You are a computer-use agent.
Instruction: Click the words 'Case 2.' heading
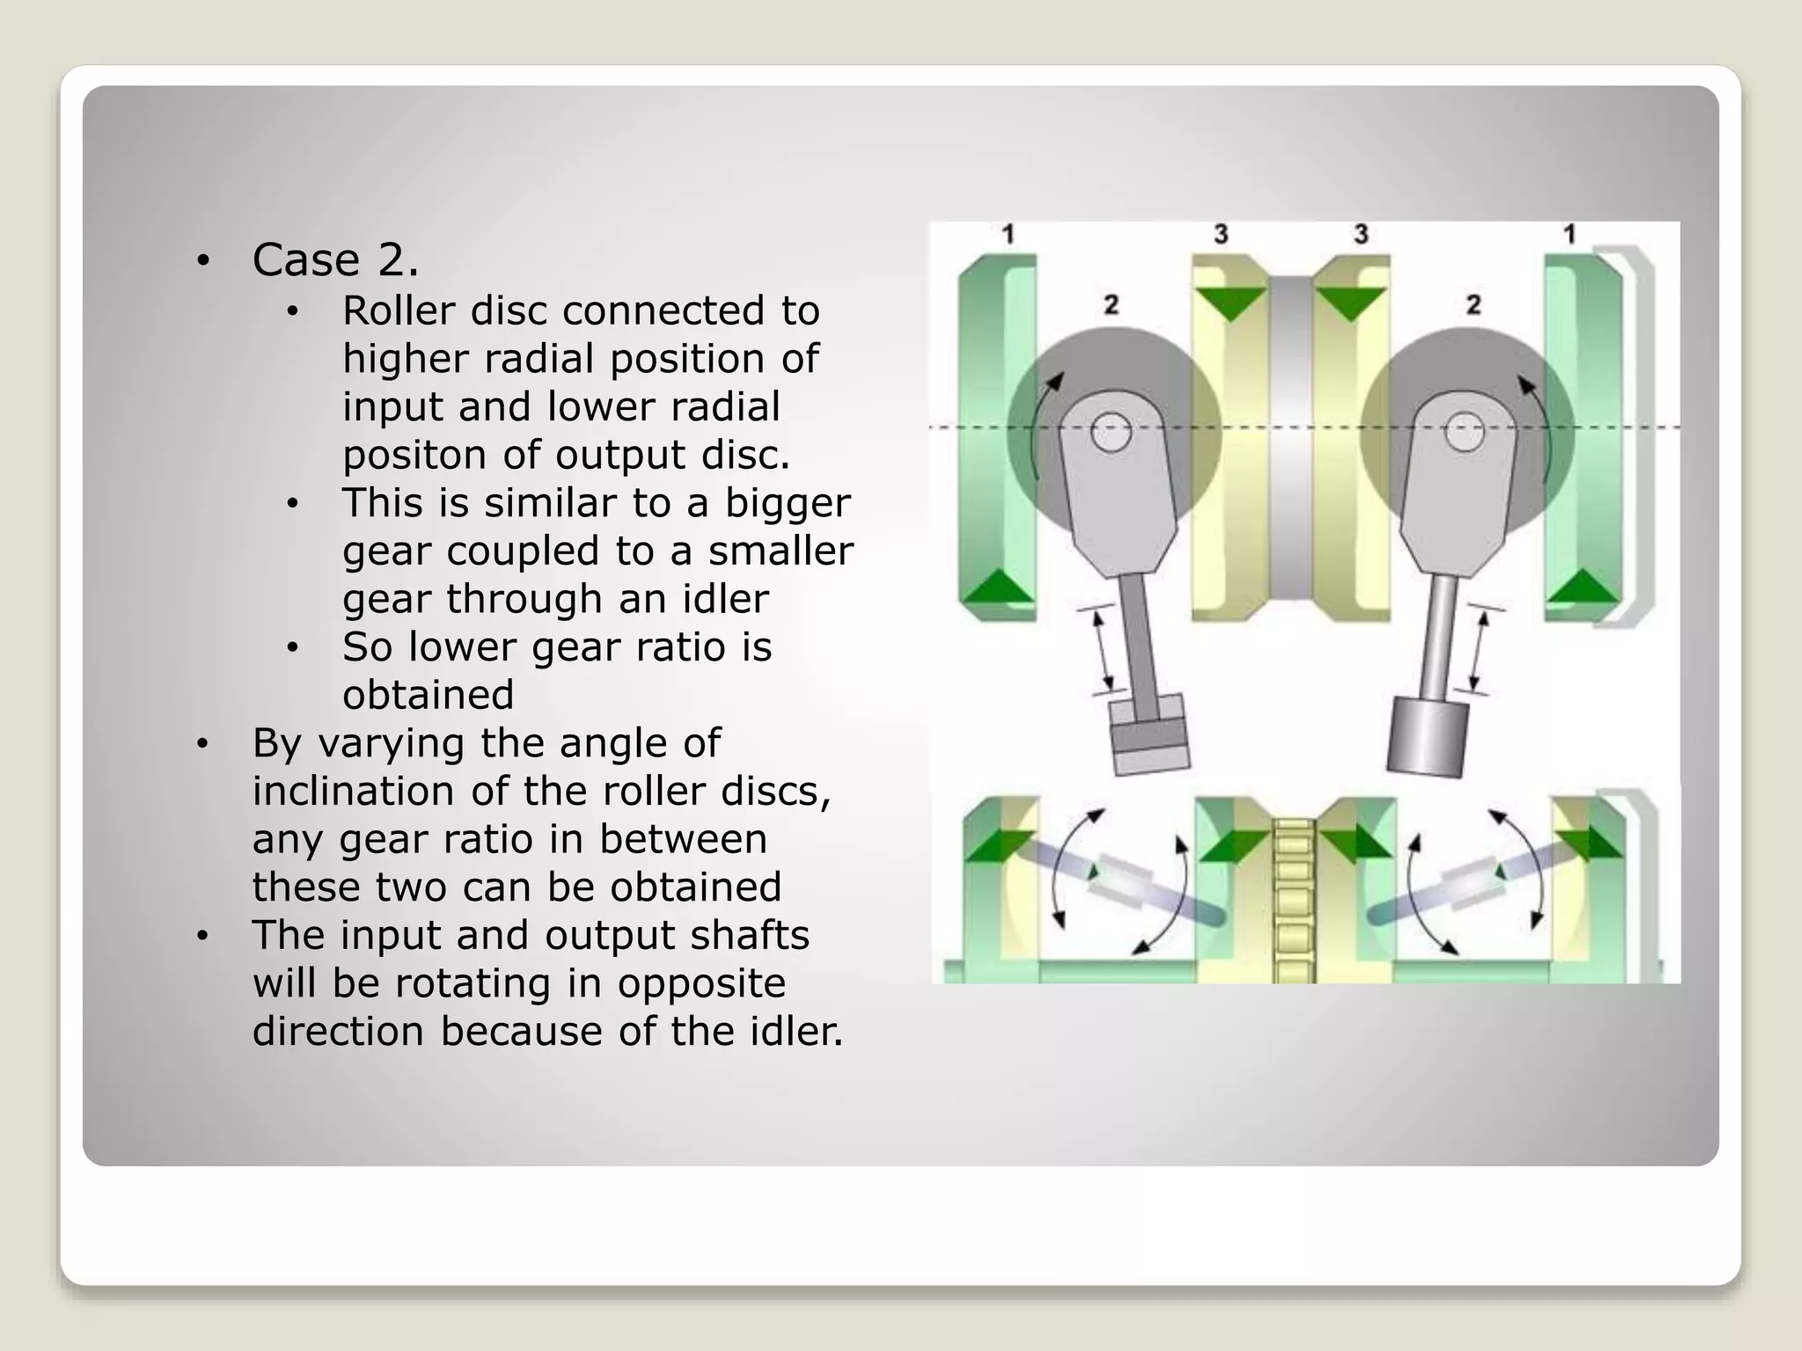335,260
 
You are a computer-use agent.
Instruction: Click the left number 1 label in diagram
1008,234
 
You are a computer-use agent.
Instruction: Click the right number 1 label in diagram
1569,234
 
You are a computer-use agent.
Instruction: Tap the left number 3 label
1220,234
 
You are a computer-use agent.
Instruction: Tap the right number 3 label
1361,234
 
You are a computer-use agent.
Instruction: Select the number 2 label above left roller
1111,305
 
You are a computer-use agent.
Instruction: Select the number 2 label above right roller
1474,305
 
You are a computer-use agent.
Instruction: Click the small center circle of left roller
1111,433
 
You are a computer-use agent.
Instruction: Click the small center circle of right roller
1465,433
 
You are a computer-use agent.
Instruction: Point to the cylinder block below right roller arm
1428,737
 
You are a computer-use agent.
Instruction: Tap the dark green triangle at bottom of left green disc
996,587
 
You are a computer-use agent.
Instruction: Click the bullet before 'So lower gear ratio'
293,648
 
